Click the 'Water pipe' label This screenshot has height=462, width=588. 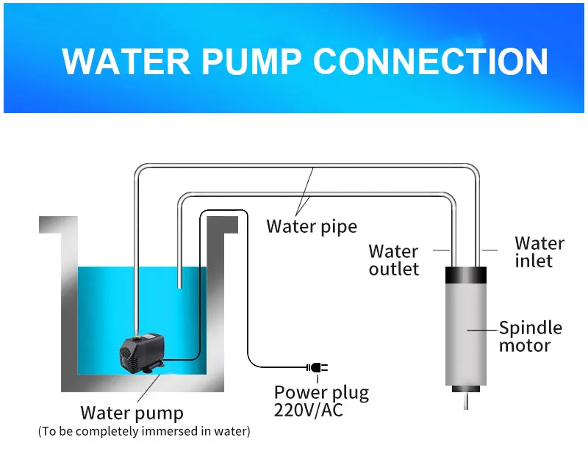point(311,225)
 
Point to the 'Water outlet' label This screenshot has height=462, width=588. point(394,260)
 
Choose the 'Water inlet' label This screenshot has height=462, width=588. point(539,251)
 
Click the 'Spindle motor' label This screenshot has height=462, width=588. point(530,336)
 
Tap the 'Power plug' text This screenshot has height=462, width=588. point(321,392)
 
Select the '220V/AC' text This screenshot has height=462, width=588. point(309,410)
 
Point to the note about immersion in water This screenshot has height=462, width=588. point(144,431)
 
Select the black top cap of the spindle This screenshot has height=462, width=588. point(466,275)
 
